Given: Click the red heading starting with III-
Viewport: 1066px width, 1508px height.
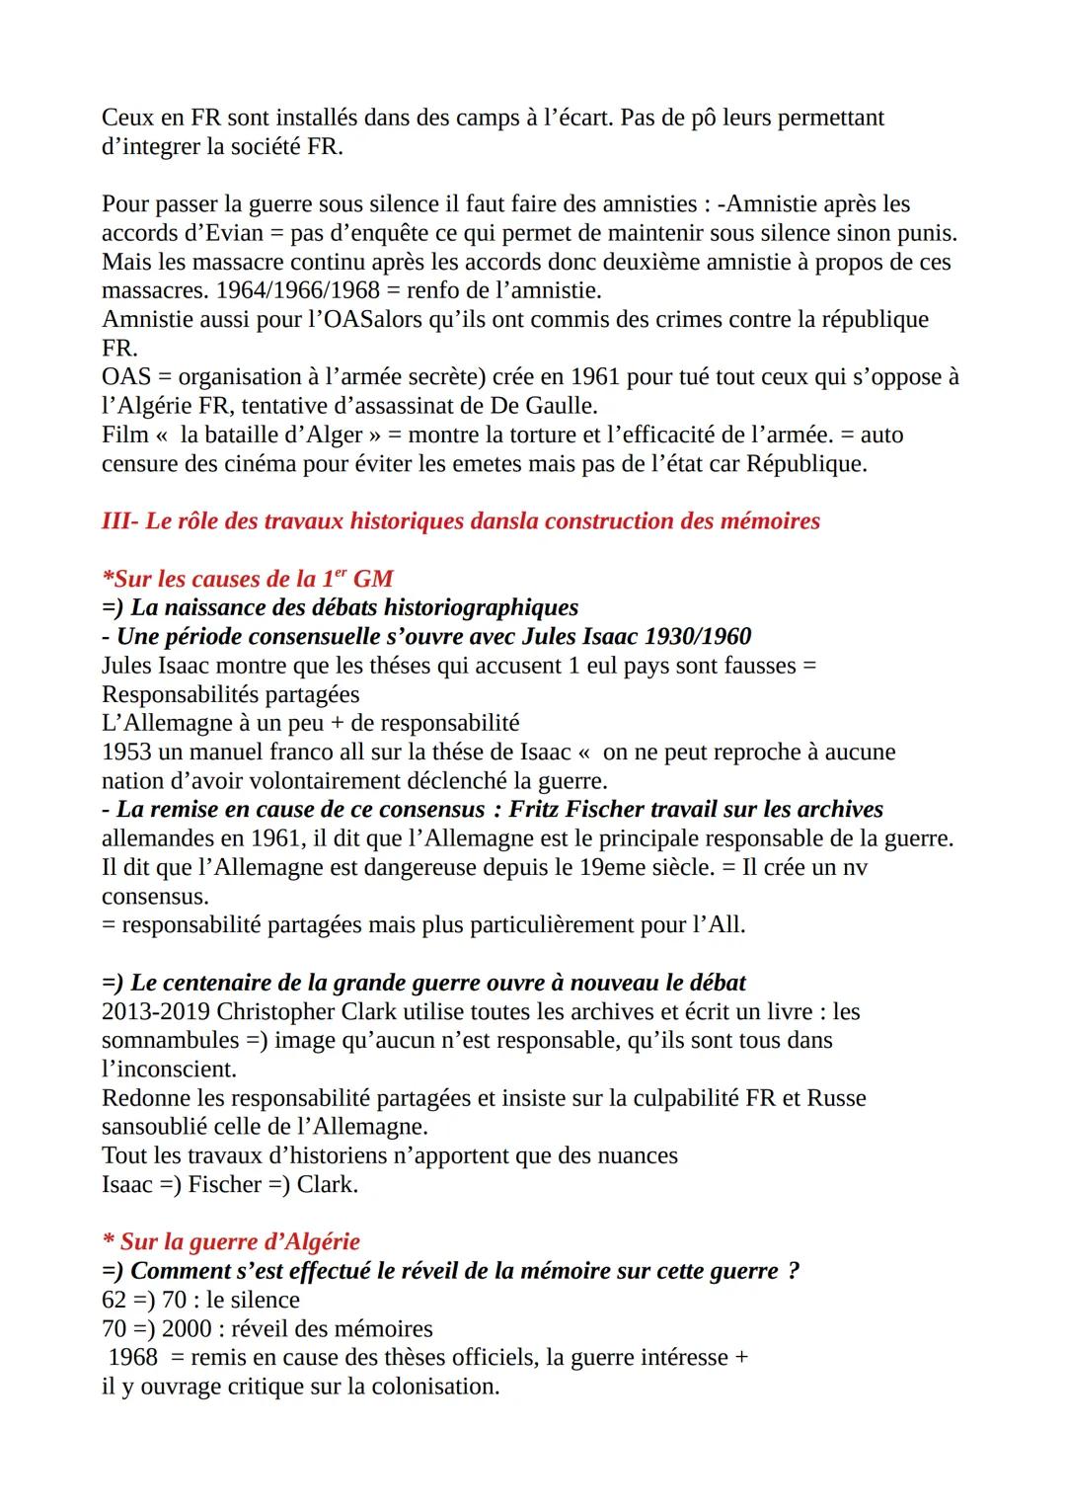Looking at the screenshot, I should click(460, 520).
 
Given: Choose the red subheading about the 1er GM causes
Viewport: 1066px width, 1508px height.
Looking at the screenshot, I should click(248, 579).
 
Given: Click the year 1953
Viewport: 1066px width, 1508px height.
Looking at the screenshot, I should click(126, 752).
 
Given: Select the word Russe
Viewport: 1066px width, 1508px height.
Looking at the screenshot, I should click(836, 1098).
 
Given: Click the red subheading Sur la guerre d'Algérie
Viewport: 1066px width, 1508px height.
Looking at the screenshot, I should click(232, 1242).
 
